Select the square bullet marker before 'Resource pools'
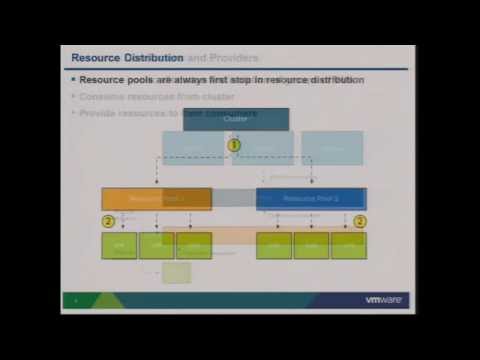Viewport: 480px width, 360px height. coord(73,79)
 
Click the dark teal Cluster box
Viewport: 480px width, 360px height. coord(236,119)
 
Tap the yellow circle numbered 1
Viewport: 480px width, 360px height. coord(235,145)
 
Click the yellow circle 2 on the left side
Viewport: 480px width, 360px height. coord(108,220)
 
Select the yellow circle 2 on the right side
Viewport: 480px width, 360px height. coord(360,220)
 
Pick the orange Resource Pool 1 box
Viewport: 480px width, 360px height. coord(156,198)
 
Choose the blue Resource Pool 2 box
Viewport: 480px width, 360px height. coord(311,198)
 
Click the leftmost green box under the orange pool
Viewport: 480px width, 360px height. coord(119,245)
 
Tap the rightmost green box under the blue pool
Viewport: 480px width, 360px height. coord(348,245)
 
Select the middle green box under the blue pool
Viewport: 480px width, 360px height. coord(311,245)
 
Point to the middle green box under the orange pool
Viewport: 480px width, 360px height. coord(156,245)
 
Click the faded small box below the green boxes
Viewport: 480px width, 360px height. coord(176,272)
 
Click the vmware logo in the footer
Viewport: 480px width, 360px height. coord(384,300)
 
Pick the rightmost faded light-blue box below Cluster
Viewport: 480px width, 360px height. coord(332,148)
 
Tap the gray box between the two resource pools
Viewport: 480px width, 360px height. coord(234,197)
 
